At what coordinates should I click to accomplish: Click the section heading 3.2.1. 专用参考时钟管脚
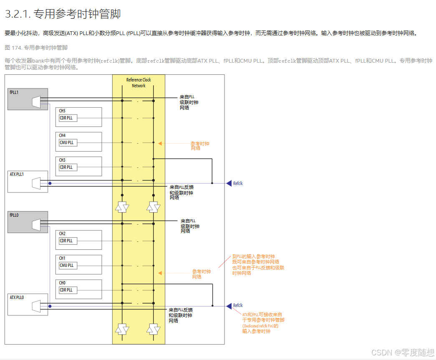coord(63,14)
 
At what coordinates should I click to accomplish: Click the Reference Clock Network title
coord(139,83)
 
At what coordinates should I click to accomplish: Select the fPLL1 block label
coord(14,92)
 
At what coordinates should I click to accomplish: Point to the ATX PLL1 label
coord(17,174)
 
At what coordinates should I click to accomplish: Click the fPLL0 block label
coord(14,215)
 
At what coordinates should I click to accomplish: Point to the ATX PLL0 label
coord(17,297)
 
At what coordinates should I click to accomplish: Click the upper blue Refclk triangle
coord(229,183)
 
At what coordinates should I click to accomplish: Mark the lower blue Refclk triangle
coord(229,306)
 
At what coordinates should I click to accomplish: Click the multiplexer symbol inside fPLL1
coord(36,101)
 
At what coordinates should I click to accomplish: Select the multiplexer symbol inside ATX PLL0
coord(36,306)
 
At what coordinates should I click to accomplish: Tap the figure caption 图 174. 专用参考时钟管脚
coord(36,48)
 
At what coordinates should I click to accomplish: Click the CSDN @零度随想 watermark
coord(403,352)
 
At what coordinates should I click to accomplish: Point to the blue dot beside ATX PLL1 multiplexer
coord(50,183)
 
